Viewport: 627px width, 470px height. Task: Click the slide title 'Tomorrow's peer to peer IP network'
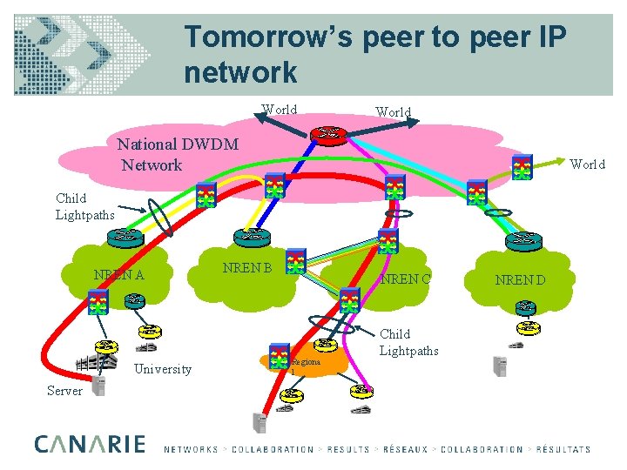(x=374, y=54)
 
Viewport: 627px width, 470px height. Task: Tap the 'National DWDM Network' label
(x=179, y=154)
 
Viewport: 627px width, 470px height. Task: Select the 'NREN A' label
(x=119, y=276)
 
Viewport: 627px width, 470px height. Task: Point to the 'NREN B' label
(x=247, y=267)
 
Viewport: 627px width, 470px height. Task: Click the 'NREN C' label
(x=405, y=279)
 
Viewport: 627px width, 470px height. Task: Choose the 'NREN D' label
(x=520, y=279)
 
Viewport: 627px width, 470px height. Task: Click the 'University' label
(x=163, y=369)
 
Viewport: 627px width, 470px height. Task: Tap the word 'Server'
(x=64, y=391)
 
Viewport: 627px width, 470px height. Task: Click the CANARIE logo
(x=90, y=444)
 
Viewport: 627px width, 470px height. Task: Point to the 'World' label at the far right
(x=587, y=164)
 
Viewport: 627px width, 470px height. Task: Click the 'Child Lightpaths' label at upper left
(x=83, y=206)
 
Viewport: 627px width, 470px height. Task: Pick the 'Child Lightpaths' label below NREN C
(x=408, y=342)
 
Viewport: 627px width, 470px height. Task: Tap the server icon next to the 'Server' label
(x=98, y=386)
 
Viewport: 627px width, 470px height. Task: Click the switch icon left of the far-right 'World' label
(x=522, y=167)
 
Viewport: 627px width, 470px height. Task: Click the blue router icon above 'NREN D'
(x=524, y=238)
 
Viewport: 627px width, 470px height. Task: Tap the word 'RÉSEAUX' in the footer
(x=403, y=450)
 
